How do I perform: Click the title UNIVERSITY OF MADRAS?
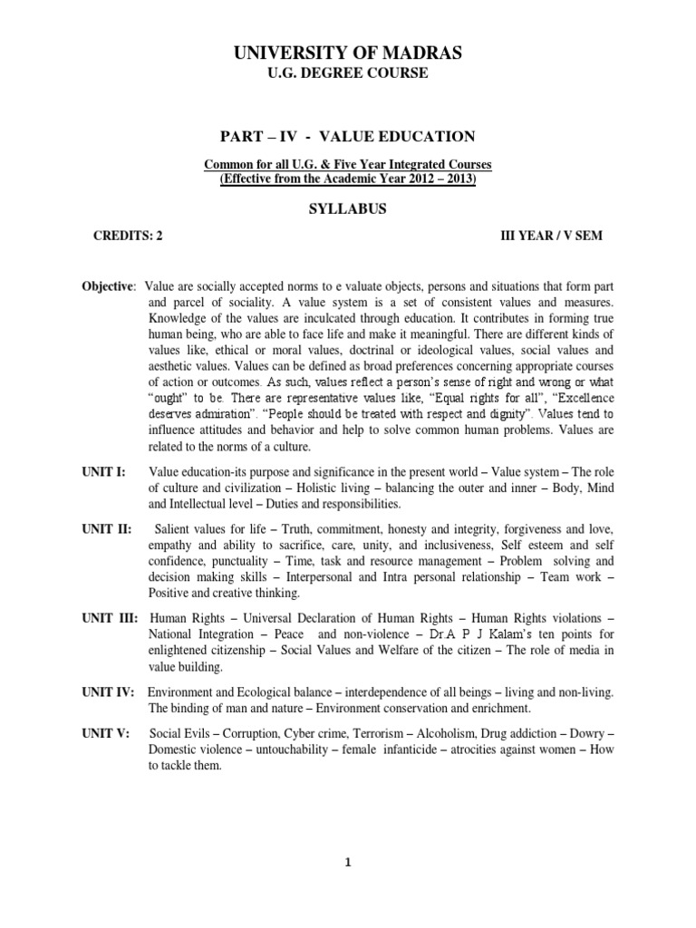point(348,54)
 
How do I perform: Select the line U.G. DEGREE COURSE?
point(348,73)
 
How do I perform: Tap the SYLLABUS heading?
point(348,208)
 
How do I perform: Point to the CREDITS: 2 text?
point(129,236)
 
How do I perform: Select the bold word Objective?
point(108,285)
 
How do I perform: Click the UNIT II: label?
point(107,528)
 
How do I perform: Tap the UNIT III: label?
point(110,618)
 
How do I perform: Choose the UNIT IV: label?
point(109,691)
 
